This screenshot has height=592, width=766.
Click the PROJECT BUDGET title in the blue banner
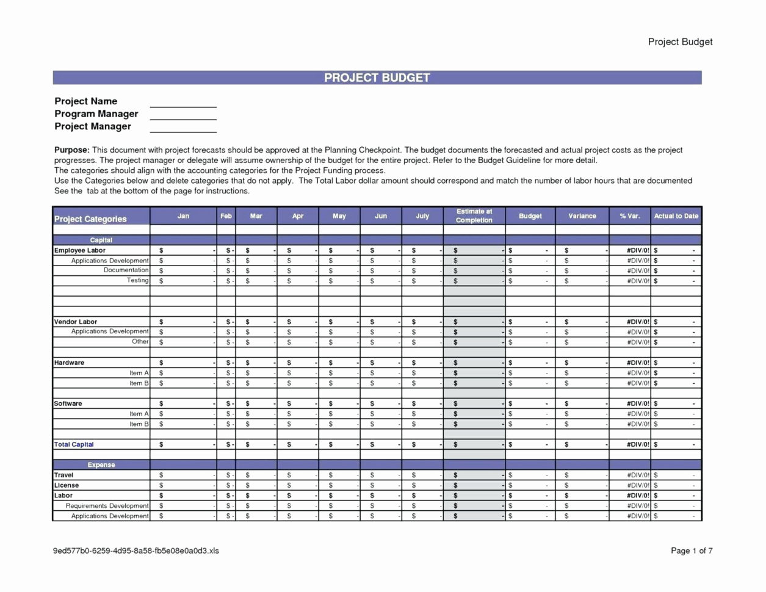(x=377, y=78)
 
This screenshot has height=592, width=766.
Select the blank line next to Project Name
(x=183, y=102)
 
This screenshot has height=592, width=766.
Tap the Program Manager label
(x=96, y=114)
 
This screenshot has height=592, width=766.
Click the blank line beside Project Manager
(x=183, y=127)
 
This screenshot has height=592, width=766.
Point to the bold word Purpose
(x=71, y=150)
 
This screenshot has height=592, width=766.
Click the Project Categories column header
(x=90, y=219)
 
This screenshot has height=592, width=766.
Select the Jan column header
(x=183, y=216)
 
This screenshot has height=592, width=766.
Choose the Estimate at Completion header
(x=474, y=216)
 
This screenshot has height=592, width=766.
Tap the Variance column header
(x=582, y=216)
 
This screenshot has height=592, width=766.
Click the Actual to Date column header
(x=676, y=216)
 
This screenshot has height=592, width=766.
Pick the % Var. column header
(x=629, y=216)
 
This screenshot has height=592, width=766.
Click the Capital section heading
(x=101, y=240)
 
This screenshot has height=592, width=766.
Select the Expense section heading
(x=101, y=465)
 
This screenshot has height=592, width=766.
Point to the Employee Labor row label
(x=80, y=250)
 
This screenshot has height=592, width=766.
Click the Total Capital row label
(x=74, y=444)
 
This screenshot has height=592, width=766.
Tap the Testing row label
(x=137, y=280)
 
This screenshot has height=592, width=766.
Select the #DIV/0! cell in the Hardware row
(x=638, y=363)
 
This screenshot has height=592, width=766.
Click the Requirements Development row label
(x=107, y=506)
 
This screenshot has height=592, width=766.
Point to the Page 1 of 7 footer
(x=692, y=550)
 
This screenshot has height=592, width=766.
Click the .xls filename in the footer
(x=135, y=550)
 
